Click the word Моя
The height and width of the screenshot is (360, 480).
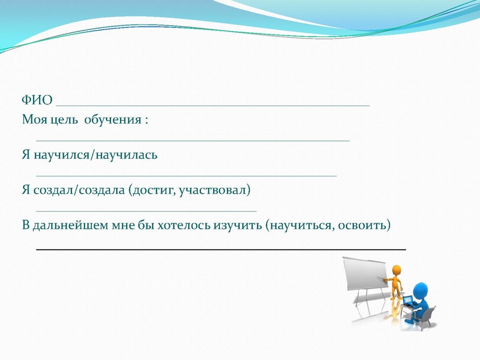tap(34, 120)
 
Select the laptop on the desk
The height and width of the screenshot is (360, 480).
tap(407, 301)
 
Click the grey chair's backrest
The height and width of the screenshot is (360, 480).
tap(428, 313)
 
